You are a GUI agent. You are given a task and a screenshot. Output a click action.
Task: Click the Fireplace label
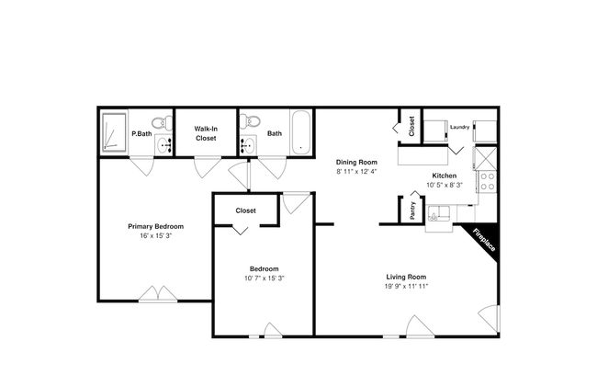(484, 240)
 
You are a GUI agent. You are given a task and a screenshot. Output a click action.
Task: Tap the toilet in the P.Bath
(163, 123)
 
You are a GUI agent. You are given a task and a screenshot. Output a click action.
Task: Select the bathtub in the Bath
(300, 132)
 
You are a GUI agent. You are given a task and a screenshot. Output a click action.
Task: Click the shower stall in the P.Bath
(114, 131)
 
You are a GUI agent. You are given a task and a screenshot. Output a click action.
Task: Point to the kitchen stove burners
(488, 181)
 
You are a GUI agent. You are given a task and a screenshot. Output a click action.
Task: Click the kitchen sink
(439, 213)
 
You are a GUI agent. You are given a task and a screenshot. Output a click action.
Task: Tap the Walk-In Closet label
(206, 133)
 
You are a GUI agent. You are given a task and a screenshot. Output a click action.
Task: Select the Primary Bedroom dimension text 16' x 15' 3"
(156, 235)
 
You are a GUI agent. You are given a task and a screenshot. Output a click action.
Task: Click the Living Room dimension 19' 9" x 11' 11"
(406, 286)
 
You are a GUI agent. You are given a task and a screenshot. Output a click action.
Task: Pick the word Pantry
(412, 210)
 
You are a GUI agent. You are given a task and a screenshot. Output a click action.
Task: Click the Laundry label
(459, 127)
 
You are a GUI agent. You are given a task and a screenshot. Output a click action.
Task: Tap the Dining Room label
(356, 162)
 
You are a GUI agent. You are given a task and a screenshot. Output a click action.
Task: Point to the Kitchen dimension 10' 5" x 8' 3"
(445, 185)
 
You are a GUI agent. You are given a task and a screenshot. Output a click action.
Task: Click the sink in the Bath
(248, 145)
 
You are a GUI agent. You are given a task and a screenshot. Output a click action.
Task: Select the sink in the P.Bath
(164, 145)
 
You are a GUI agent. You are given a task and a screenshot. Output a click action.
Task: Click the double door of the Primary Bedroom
(158, 294)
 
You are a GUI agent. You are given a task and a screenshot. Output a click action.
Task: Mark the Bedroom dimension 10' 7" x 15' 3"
(265, 278)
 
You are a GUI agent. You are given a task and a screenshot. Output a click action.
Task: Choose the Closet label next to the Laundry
(411, 126)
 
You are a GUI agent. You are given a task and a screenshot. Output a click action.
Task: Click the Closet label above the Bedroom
(245, 210)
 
